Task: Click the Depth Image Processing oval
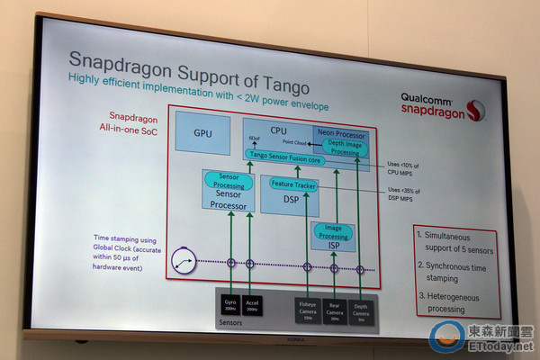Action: coord(343,147)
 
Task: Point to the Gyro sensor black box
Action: coord(230,302)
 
